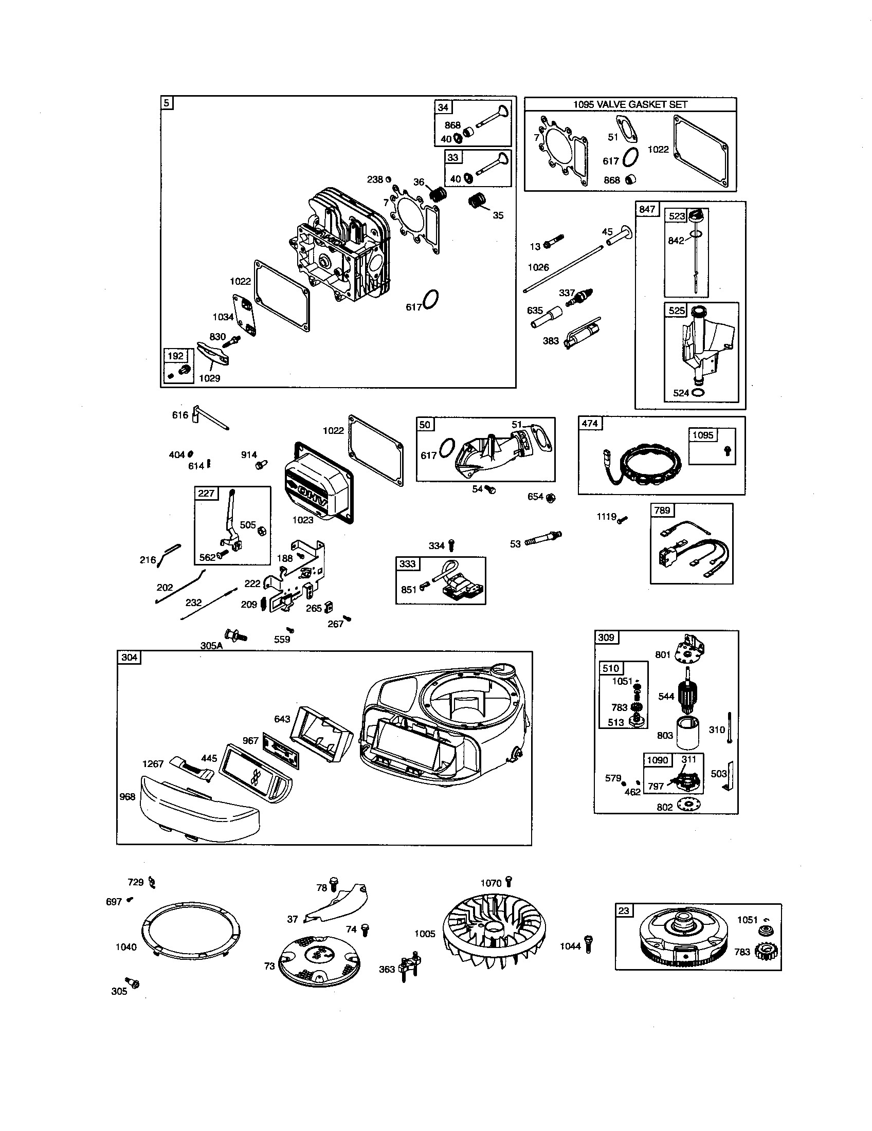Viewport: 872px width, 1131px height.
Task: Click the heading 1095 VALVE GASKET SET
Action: pos(630,104)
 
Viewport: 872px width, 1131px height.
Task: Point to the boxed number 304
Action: pos(129,657)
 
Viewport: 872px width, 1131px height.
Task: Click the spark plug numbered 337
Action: pos(582,297)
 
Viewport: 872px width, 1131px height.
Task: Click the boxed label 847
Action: pos(647,209)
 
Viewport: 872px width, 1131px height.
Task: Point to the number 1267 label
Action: pos(153,764)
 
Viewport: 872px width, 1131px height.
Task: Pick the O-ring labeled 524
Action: pos(698,393)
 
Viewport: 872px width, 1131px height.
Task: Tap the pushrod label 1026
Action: pos(538,267)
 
